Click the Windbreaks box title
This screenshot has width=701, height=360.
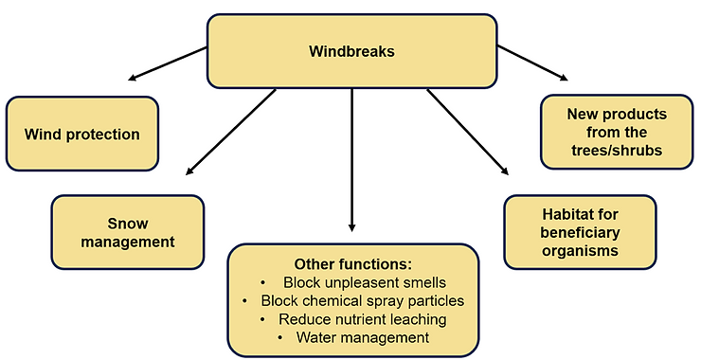point(351,52)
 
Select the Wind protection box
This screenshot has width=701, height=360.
point(82,134)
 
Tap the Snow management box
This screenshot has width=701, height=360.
point(127,232)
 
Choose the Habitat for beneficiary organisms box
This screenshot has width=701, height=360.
point(580,232)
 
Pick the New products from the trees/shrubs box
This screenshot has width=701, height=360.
point(617,132)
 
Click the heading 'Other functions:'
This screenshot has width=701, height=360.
point(351,264)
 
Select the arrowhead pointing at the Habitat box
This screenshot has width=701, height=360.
point(504,171)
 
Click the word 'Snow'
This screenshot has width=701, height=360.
point(127,224)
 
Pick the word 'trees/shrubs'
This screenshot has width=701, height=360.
point(617,149)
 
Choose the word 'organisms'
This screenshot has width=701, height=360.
point(580,250)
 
